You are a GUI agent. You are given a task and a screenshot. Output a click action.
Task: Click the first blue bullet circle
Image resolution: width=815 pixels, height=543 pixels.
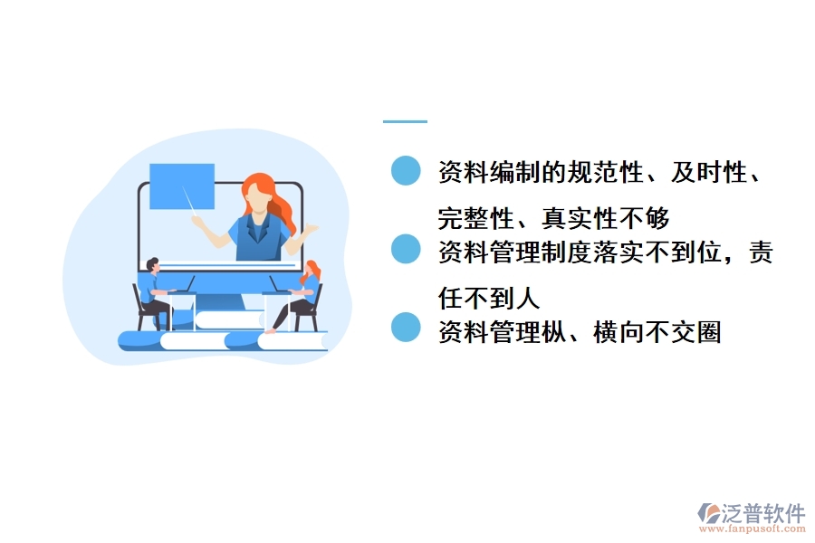[x=406, y=171]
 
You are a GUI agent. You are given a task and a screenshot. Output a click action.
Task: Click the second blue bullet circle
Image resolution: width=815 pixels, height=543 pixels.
[x=406, y=250]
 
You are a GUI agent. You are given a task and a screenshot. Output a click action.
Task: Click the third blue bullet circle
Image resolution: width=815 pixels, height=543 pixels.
[x=406, y=328]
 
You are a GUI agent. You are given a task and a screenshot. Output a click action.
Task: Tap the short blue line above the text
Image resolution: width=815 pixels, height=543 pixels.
[x=405, y=121]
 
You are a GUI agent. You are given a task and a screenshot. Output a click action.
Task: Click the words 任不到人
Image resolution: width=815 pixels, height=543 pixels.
[x=489, y=297]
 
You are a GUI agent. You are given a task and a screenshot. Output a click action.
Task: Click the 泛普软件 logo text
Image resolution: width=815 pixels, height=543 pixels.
[x=763, y=514]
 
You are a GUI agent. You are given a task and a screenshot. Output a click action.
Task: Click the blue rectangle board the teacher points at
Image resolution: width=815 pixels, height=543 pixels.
[x=181, y=186]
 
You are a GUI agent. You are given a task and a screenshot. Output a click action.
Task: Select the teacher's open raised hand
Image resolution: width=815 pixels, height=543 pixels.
[x=311, y=230]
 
